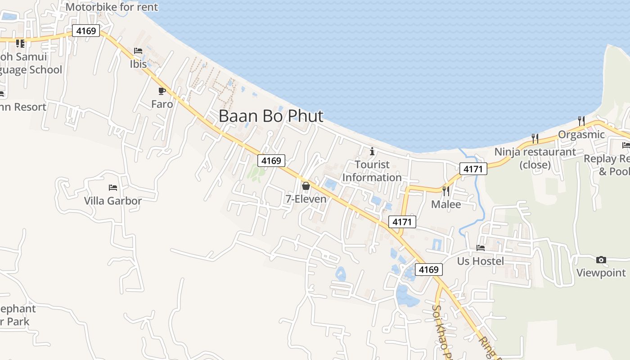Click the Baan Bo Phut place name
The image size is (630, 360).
tap(271, 116)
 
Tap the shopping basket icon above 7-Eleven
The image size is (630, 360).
tap(306, 185)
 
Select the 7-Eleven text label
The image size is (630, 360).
tap(306, 198)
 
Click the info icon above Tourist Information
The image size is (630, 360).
tap(372, 151)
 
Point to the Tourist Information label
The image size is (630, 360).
tap(372, 171)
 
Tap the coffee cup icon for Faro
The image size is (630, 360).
tap(162, 91)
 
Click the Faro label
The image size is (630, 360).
tap(162, 104)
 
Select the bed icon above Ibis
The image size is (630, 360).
tap(138, 51)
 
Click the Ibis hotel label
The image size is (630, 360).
tap(138, 64)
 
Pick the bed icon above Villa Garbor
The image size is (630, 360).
tap(113, 187)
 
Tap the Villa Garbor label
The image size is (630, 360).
tap(113, 201)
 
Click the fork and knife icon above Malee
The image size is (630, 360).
tap(446, 191)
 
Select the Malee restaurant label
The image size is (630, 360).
tap(446, 204)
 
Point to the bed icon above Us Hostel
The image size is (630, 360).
tap(481, 247)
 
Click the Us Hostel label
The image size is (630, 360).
tap(481, 261)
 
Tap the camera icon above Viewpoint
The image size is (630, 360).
tap(601, 260)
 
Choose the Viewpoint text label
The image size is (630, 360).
tap(601, 273)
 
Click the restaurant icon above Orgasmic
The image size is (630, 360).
tap(581, 121)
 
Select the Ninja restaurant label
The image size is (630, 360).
tap(535, 158)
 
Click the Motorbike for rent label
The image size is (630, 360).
tap(112, 7)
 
